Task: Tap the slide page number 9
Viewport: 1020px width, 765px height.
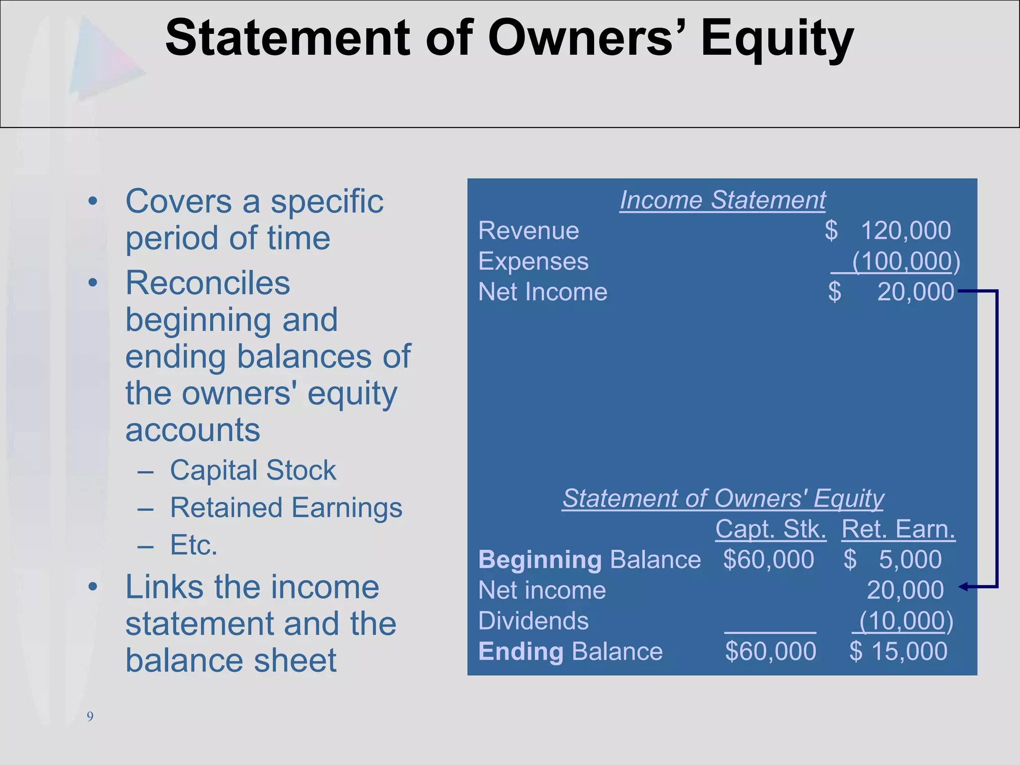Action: coord(90,717)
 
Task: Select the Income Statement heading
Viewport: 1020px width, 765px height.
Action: coord(723,200)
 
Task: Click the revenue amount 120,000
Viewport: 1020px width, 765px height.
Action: coord(905,231)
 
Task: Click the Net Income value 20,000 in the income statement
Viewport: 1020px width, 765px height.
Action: coord(915,292)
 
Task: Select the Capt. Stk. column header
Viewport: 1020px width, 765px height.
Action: coord(770,529)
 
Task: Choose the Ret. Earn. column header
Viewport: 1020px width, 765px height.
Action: coord(898,529)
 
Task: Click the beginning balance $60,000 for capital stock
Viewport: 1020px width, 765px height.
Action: coord(768,559)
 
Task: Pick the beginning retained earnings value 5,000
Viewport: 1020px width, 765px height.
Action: coord(910,559)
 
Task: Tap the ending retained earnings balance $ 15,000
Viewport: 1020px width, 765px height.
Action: coord(898,651)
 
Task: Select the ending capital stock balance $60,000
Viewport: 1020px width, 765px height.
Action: coord(770,651)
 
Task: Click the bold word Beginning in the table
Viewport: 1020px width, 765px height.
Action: coord(540,560)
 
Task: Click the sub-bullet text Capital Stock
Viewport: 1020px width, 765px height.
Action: coord(253,470)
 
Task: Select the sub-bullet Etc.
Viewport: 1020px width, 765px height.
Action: coord(194,545)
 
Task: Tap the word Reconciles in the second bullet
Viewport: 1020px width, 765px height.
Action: coord(208,283)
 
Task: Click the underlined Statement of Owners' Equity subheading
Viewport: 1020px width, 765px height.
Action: coord(723,498)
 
